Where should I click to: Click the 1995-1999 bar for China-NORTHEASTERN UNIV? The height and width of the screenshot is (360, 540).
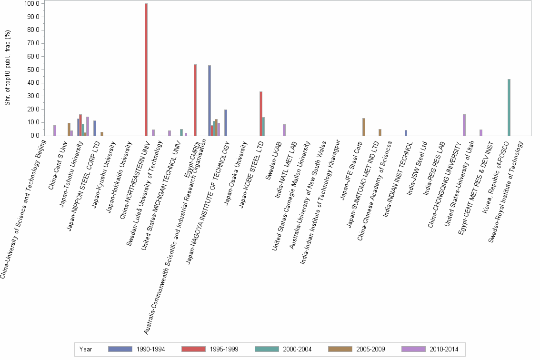point(146,70)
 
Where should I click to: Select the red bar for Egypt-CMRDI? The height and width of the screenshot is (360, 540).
point(195,100)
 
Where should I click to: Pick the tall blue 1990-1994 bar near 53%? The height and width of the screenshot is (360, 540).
point(210,100)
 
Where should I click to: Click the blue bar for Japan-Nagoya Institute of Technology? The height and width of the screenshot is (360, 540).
point(226,122)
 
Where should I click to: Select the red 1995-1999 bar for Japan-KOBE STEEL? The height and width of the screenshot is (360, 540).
point(261,113)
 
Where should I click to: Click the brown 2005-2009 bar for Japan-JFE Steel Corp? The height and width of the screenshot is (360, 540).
point(364,127)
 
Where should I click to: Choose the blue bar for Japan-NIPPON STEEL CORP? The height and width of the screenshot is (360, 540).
point(95,128)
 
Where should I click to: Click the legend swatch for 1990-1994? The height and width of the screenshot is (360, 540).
point(120,349)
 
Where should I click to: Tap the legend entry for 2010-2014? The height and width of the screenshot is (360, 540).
point(443,349)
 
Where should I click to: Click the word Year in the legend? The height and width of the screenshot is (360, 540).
point(86,349)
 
